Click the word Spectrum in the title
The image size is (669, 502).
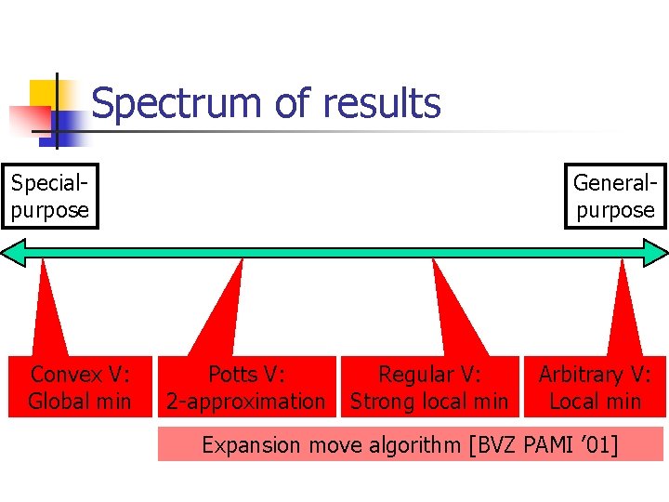tap(177, 104)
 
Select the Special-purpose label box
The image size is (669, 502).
tap(50, 195)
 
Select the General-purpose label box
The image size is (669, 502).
tap(615, 195)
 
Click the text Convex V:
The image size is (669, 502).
tap(79, 375)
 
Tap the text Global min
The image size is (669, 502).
tap(79, 402)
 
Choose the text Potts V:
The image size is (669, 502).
tap(245, 375)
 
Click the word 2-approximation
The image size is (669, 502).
tap(245, 402)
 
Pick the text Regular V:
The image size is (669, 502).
tap(429, 375)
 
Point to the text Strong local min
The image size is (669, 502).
tap(429, 402)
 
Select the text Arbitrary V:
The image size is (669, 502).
tap(595, 375)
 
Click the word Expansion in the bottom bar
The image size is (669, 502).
tap(250, 445)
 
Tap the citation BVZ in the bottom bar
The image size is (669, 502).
tap(493, 445)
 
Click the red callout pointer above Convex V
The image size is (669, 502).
tap(50, 307)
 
